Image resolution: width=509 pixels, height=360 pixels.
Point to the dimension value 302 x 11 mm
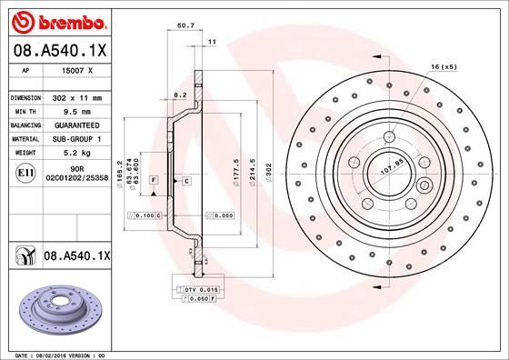click(x=76, y=96)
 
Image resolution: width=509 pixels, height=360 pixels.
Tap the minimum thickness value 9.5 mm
click(x=75, y=110)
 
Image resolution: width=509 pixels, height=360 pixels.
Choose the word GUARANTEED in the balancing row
click(x=76, y=125)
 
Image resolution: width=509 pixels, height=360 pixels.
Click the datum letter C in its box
click(x=185, y=182)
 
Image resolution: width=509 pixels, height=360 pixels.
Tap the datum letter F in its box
click(x=154, y=182)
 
